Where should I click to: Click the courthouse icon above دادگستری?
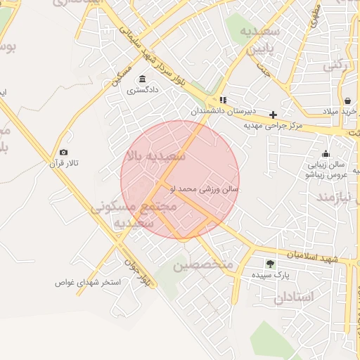(x=143, y=79)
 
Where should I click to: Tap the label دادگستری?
(x=143, y=90)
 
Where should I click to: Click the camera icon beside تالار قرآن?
(x=64, y=153)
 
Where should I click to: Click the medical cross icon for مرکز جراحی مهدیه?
(x=273, y=115)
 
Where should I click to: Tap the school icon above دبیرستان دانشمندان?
(x=223, y=100)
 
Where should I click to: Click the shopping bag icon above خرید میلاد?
(x=349, y=100)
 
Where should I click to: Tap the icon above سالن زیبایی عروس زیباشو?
(x=326, y=154)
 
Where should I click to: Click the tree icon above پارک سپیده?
(x=270, y=264)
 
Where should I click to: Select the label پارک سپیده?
(x=270, y=274)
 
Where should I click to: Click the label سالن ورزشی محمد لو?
(x=205, y=189)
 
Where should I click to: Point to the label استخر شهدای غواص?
(x=89, y=282)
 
